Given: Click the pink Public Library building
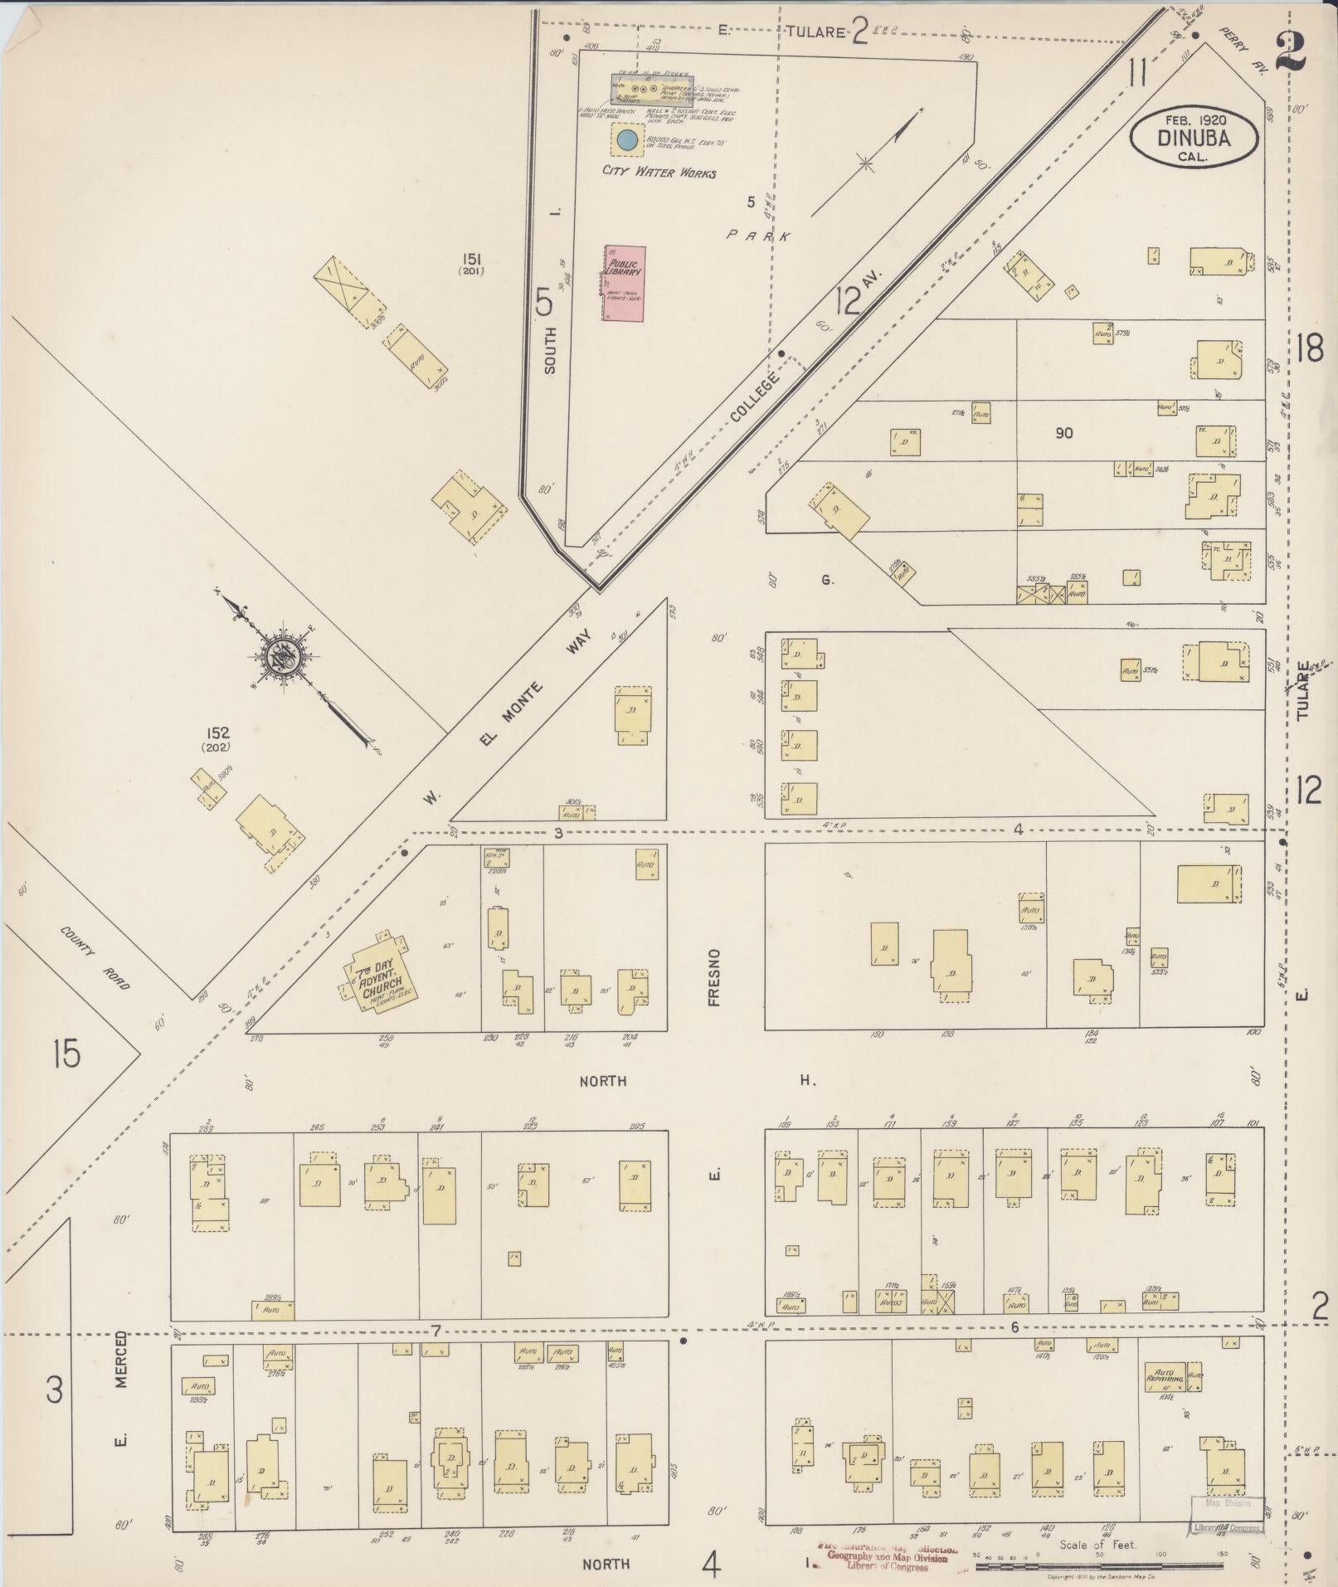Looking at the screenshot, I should pos(625,283).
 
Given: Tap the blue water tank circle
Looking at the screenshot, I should pos(627,140).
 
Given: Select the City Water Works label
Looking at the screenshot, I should pos(659,173).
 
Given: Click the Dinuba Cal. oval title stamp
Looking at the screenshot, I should pos(1193,139).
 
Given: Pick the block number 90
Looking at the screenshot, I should pos(1063,432).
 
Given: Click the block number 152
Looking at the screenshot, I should pos(219,733).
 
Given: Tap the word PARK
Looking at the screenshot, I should pos(758,236).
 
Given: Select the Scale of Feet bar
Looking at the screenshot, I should pos(1098,1565).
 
